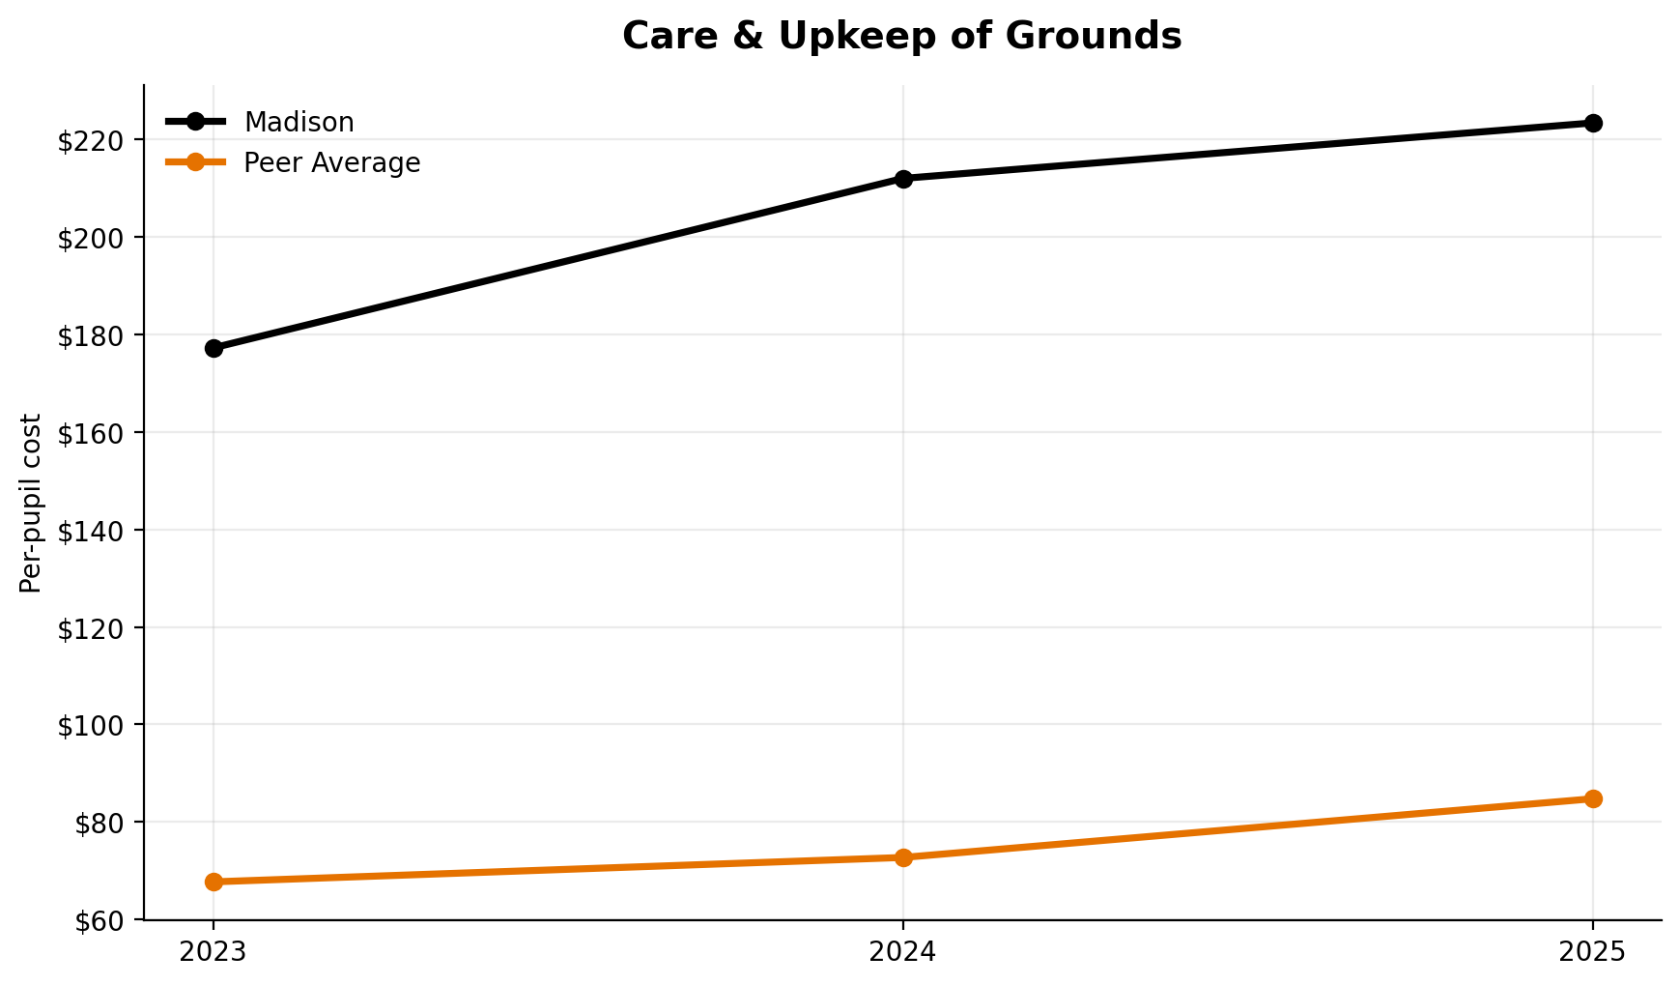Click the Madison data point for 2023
214,348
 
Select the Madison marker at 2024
903,179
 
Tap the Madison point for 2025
1593,123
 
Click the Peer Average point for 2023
214,882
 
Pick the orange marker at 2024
903,857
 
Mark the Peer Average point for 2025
1593,798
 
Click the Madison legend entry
299,123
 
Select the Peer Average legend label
331,163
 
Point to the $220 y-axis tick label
93,141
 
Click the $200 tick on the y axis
93,239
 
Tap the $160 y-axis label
93,434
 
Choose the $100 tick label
93,726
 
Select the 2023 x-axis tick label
214,952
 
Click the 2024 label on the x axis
903,952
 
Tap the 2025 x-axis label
1593,952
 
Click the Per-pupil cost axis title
32,503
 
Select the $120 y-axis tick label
93,628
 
